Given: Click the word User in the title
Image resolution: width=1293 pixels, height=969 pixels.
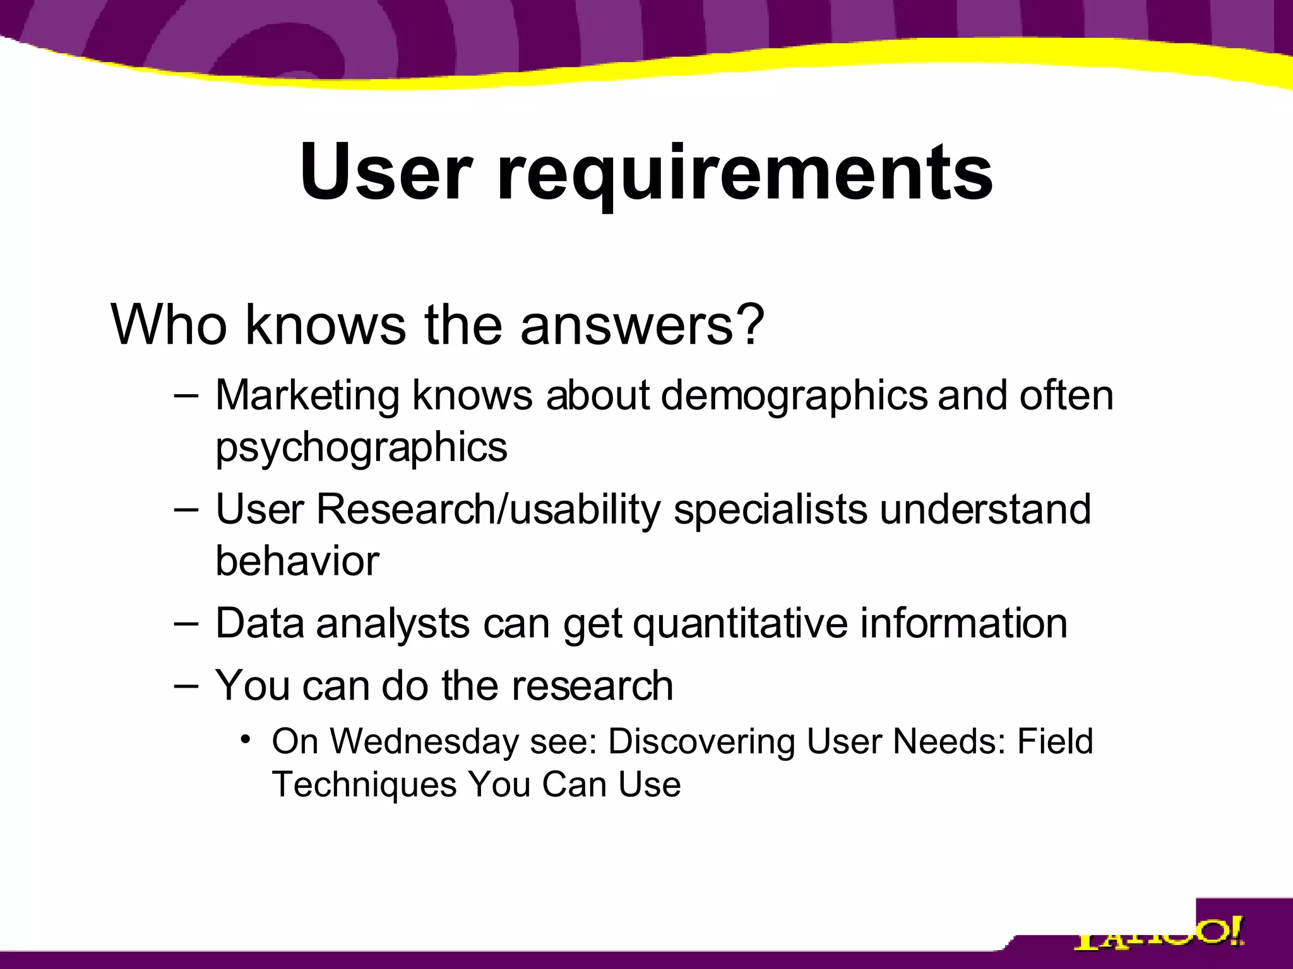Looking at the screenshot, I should tap(386, 172).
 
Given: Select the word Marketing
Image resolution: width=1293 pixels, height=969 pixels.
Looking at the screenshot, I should tap(307, 396).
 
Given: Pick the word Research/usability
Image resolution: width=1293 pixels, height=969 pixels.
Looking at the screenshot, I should tap(487, 510).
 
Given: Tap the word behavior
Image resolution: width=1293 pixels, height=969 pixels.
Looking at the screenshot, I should tap(297, 560).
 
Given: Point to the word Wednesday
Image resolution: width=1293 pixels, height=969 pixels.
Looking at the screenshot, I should tap(424, 741).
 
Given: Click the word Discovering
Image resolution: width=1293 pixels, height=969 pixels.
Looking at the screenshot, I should tap(701, 742).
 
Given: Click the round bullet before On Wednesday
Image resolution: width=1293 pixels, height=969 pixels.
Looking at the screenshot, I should tap(245, 739).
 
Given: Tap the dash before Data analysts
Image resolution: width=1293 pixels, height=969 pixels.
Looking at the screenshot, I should tap(186, 623).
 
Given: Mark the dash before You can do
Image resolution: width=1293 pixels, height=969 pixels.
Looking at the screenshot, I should tap(186, 685).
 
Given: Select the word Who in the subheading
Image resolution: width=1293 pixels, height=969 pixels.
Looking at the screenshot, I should tap(169, 324).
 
